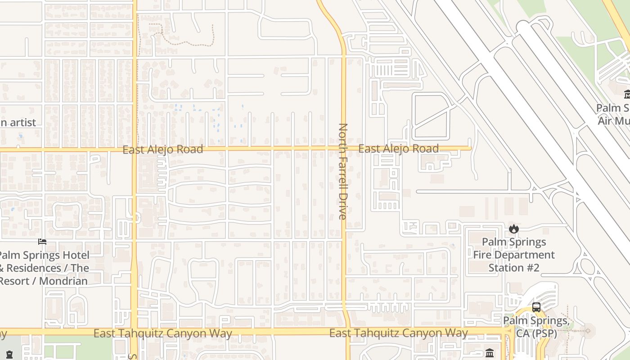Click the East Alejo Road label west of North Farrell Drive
[162, 149]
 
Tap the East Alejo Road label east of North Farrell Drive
[398, 148]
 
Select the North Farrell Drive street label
[343, 171]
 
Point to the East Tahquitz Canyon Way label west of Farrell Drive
[162, 333]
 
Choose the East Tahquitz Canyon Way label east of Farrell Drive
[398, 333]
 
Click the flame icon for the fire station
[513, 229]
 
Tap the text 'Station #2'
[513, 268]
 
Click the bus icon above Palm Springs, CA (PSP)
[536, 307]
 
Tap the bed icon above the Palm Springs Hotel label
[42, 242]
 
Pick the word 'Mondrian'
[63, 281]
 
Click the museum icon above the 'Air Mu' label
[627, 94]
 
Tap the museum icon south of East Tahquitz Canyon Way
[490, 353]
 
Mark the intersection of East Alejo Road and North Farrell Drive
[344, 148]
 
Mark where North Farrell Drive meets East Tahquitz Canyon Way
[347, 332]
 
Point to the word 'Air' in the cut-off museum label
[605, 121]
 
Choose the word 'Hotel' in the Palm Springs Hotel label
[75, 255]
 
